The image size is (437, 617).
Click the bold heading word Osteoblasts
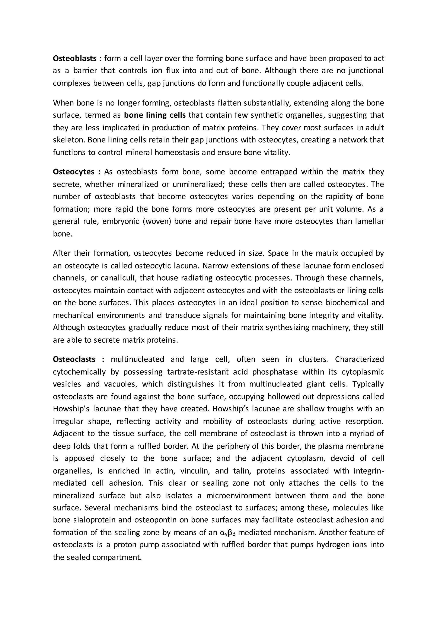tap(74, 58)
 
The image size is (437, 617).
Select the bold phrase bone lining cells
tap(155, 115)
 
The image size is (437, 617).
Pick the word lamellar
tap(369, 221)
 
